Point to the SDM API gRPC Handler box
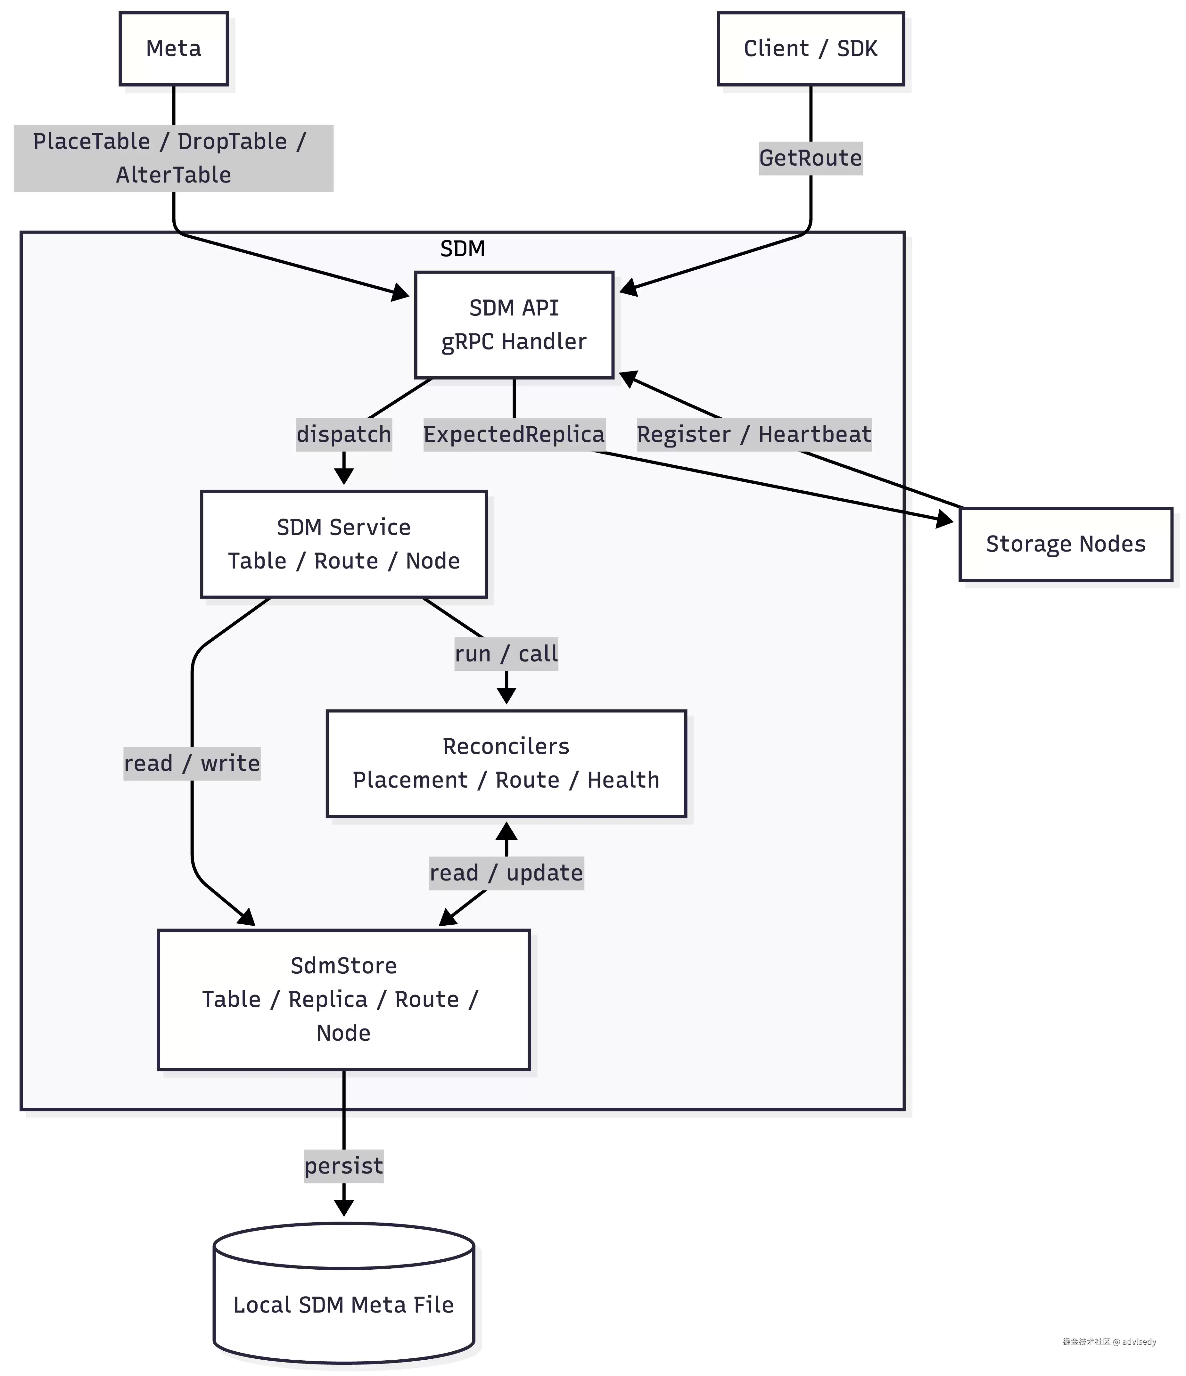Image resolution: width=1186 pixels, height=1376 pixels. [x=514, y=325]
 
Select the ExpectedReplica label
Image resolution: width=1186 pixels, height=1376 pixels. [x=514, y=434]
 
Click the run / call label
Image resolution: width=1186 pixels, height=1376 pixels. [x=506, y=653]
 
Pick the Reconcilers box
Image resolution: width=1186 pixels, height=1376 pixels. [x=506, y=763]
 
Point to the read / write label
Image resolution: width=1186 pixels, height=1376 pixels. [x=192, y=763]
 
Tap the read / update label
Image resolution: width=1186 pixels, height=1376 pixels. [x=506, y=872]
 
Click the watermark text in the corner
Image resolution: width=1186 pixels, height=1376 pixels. [x=1109, y=1341]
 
